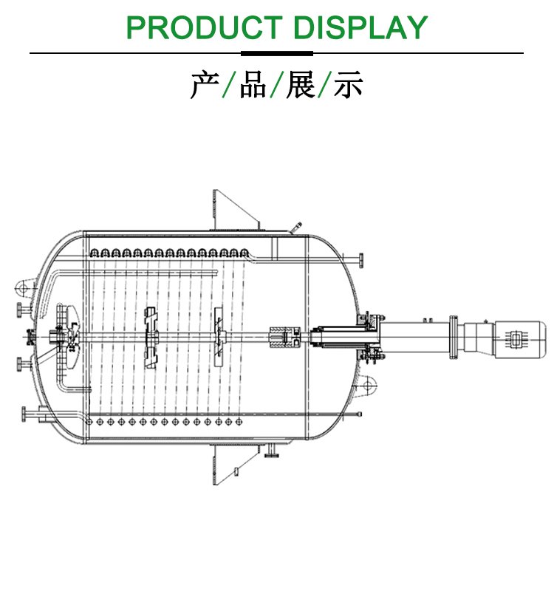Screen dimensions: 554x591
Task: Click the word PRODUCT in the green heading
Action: (205, 27)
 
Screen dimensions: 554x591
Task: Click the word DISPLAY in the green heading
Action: (360, 27)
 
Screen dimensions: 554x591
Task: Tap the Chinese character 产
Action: (205, 85)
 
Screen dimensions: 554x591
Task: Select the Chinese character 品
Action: (253, 85)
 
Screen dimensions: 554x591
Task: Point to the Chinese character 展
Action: (301, 85)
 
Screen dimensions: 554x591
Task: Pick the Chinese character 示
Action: (348, 85)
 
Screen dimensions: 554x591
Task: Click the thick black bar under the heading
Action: (277, 53)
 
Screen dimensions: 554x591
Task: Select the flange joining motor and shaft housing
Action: (454, 338)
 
